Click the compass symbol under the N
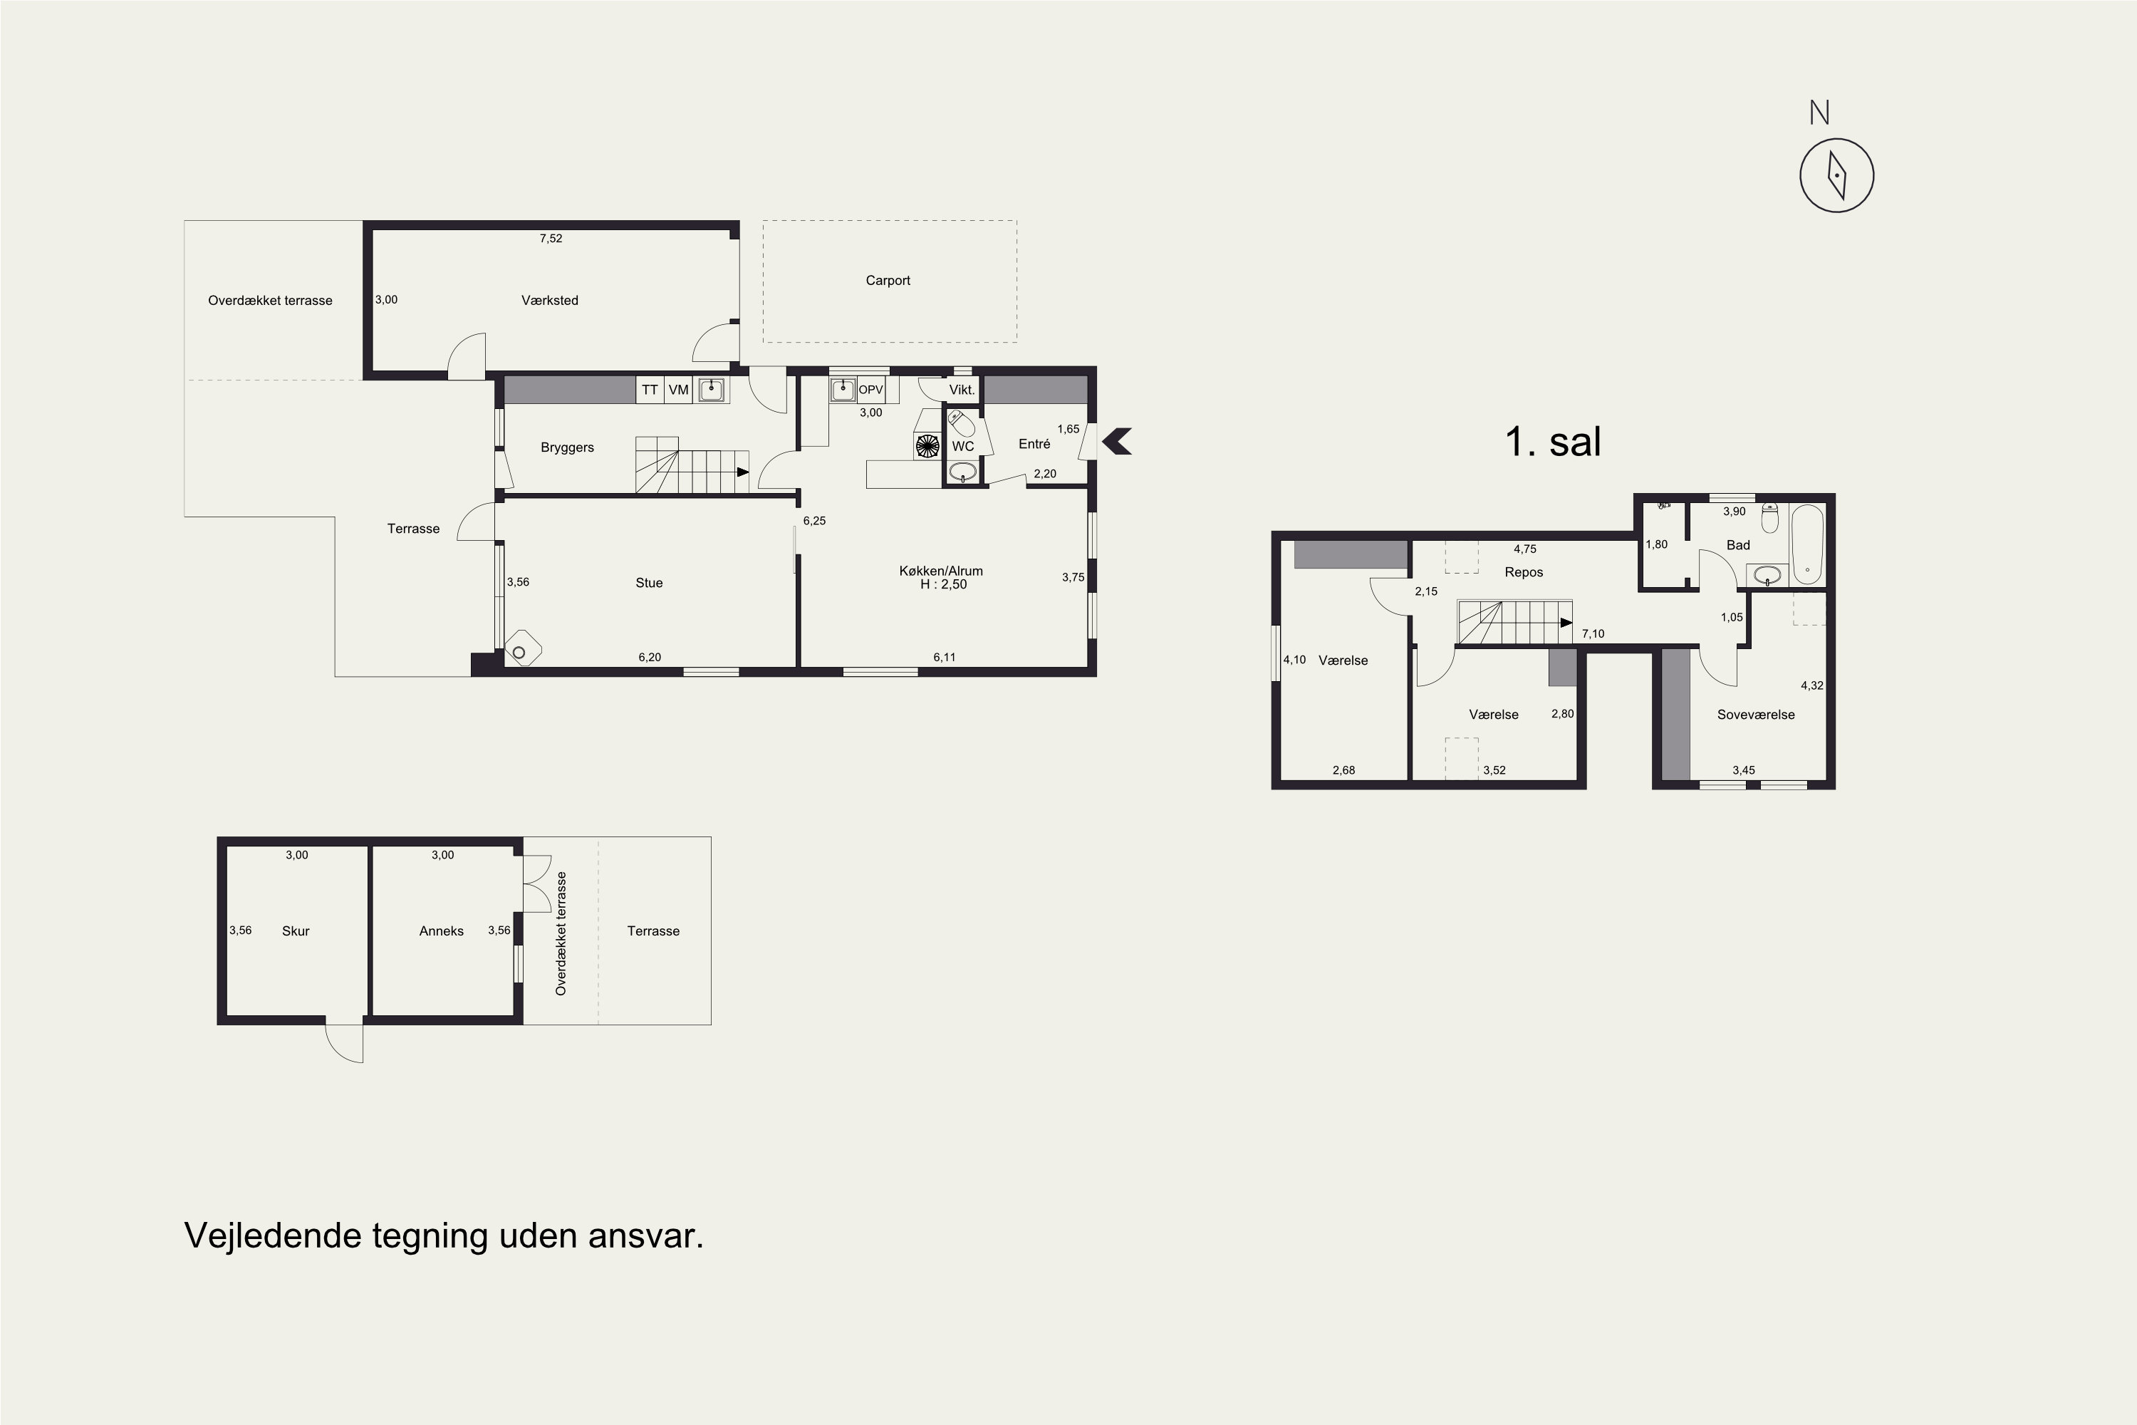point(1836,175)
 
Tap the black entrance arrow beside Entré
point(1117,442)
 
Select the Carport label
point(888,281)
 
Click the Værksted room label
point(550,301)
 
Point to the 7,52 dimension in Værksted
point(551,239)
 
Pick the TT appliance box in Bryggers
point(650,390)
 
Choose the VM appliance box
point(679,390)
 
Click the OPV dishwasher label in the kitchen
point(870,390)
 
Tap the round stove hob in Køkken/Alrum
point(927,445)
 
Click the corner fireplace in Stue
point(522,649)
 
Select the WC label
point(963,446)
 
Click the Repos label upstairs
point(1524,573)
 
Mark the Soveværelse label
point(1755,715)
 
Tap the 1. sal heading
point(1553,442)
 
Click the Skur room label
point(296,931)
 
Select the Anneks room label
point(442,931)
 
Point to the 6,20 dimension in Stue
point(650,658)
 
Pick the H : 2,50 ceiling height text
point(943,584)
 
